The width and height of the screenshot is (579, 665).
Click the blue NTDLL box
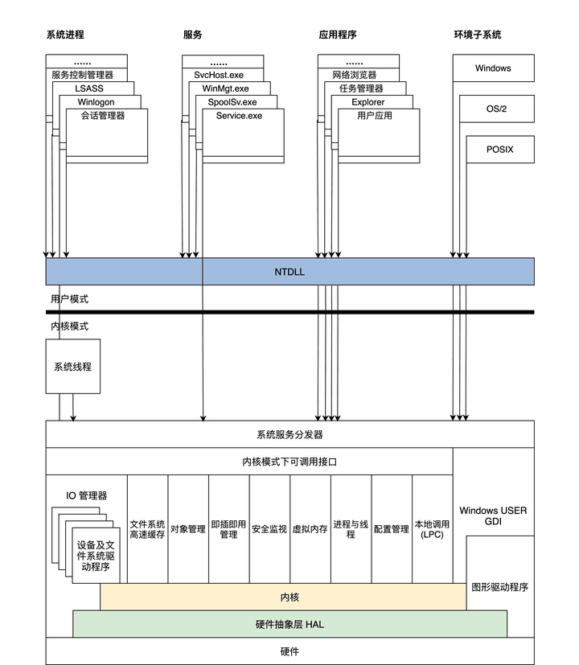point(289,272)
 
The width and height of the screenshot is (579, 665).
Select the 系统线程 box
point(72,367)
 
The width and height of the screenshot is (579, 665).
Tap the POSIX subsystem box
point(499,150)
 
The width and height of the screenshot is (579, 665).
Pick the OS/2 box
point(496,109)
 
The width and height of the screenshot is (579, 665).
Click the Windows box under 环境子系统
point(493,68)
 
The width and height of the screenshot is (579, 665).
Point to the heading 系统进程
point(65,35)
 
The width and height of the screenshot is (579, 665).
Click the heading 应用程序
point(338,35)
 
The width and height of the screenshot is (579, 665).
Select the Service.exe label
point(239,116)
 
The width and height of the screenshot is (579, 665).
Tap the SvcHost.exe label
point(219,75)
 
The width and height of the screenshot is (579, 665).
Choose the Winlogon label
point(96,102)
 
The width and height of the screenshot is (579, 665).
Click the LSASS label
point(89,88)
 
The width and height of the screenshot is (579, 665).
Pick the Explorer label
point(368,102)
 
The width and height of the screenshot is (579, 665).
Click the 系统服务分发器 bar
point(289,434)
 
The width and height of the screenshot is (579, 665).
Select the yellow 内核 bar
point(289,597)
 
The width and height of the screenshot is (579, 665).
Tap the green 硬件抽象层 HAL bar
point(289,624)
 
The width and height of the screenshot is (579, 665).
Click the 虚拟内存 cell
point(310,529)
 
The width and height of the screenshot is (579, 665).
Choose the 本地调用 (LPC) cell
point(432,528)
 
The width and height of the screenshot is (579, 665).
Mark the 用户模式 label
point(69,299)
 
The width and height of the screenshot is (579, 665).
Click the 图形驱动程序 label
point(499,587)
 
